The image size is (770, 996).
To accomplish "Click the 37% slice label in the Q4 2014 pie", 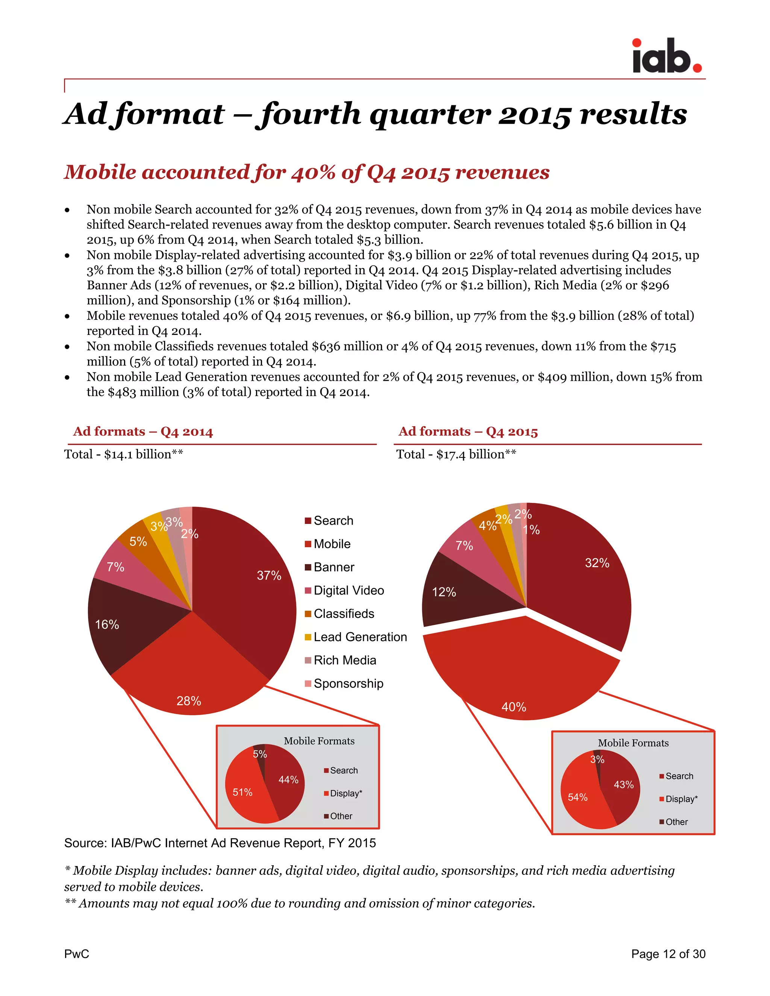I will point(269,575).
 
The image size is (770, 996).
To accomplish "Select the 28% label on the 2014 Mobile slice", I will point(189,701).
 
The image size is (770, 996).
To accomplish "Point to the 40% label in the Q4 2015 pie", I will point(514,707).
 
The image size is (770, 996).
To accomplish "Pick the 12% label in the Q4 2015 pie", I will point(444,592).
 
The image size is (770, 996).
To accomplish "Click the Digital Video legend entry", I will point(349,590).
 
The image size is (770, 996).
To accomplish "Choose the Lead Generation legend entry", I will point(360,637).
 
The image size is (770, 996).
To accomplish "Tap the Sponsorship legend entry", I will point(348,684).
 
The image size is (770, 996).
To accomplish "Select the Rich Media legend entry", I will point(344,660).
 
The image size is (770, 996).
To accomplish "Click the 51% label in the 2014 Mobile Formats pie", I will point(242,792).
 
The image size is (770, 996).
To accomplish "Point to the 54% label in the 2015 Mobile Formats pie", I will point(577,797).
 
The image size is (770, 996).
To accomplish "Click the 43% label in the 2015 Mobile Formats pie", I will point(624,784).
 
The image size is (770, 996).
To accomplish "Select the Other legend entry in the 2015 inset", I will point(676,822).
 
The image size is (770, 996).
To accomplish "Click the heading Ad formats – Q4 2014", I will point(143,431).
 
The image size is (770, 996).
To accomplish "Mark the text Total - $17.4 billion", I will point(456,454).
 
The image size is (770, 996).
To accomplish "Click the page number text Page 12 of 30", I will point(668,954).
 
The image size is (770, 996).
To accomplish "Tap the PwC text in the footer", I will point(77,954).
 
